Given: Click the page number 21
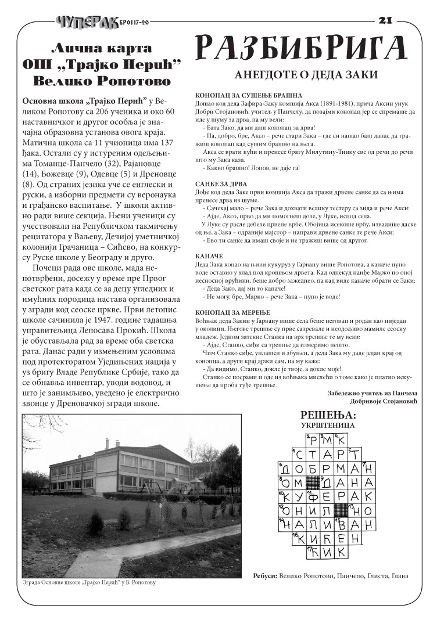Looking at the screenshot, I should click(385, 20).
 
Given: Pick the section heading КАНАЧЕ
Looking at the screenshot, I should click(207, 255).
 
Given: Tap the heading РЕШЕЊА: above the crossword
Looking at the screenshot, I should click(327, 415).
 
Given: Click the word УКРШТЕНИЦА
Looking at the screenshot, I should click(328, 425).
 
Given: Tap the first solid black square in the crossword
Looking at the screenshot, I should click(313, 482).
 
